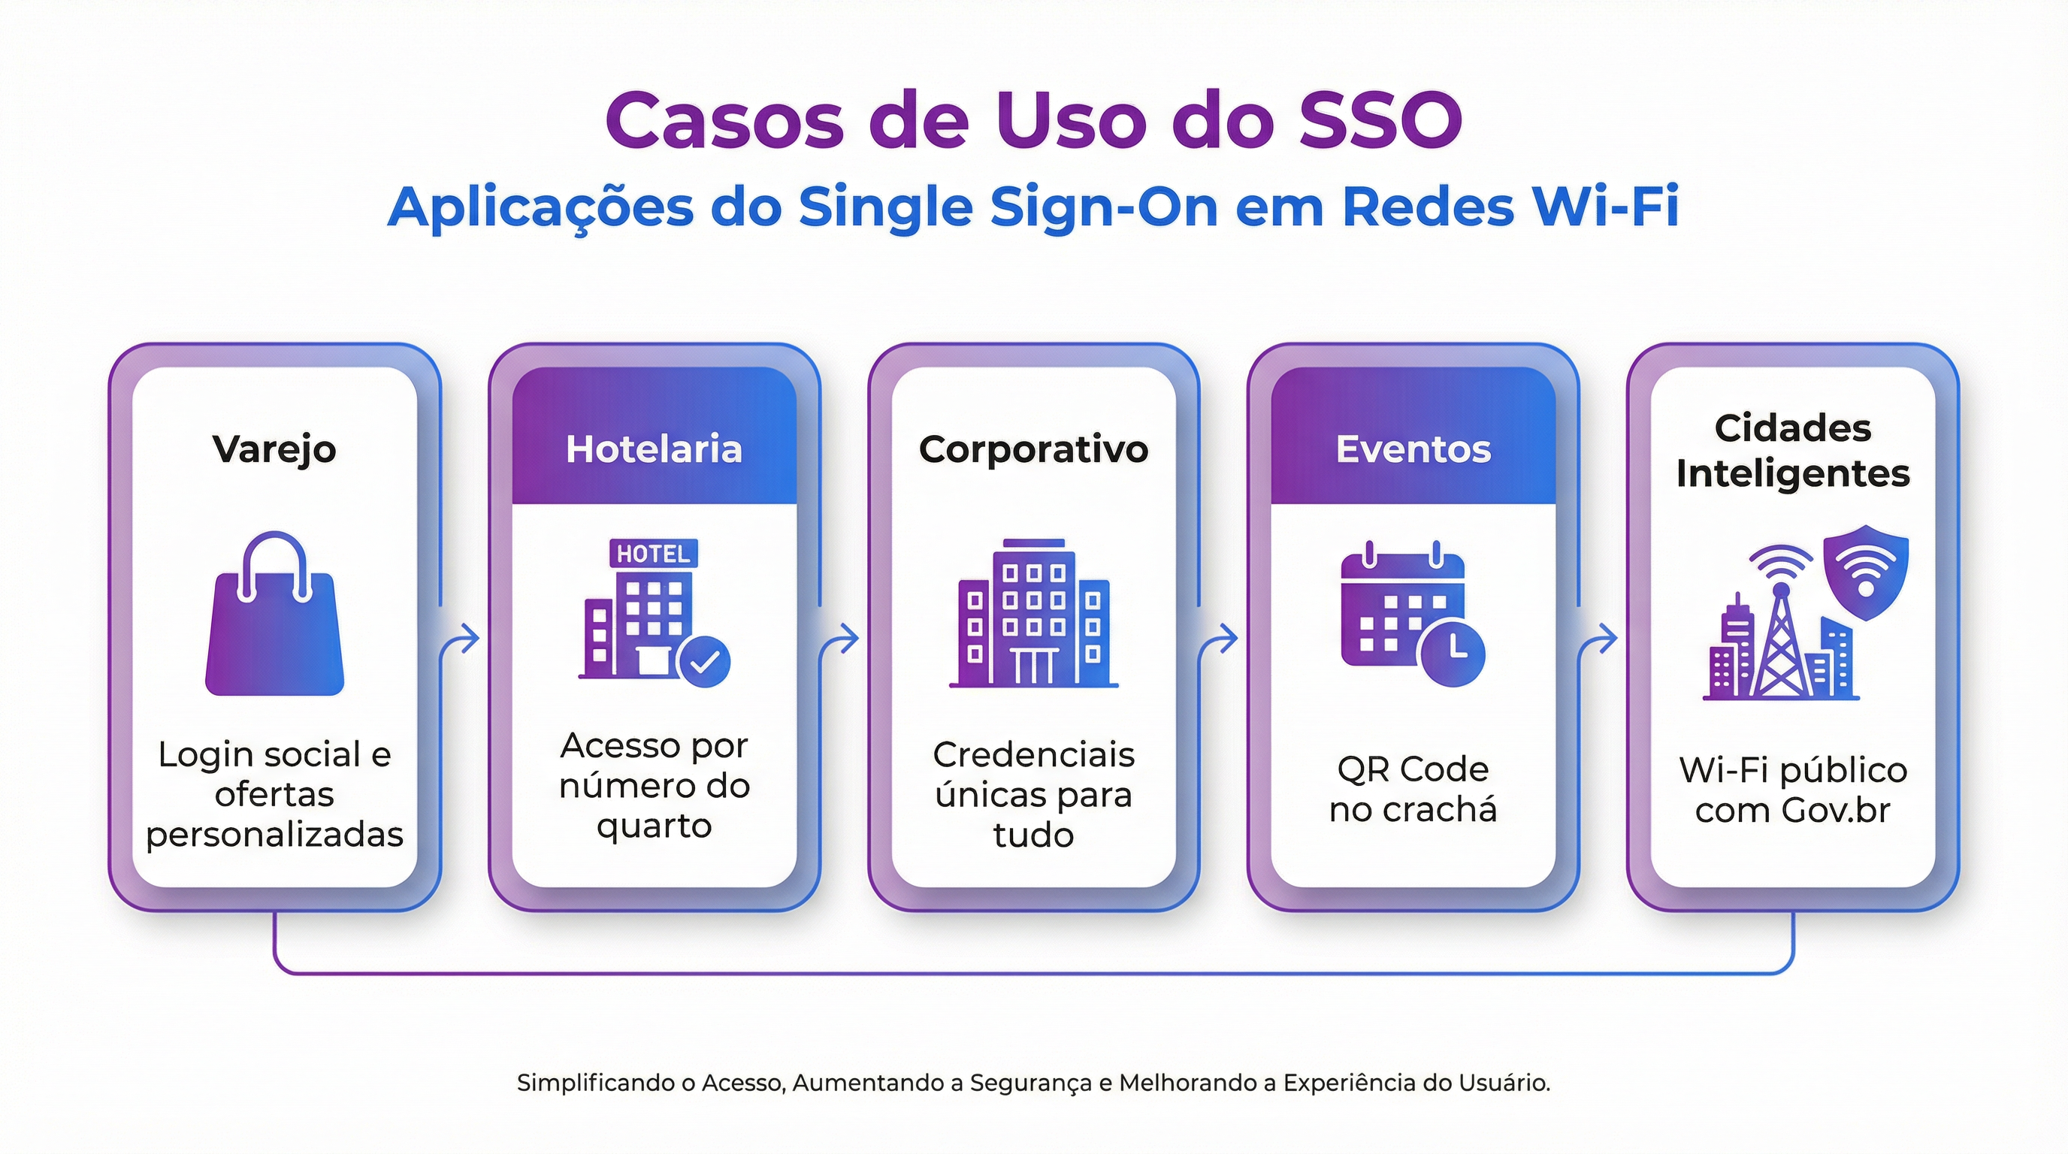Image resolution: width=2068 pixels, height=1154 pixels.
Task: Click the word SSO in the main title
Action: coord(1380,120)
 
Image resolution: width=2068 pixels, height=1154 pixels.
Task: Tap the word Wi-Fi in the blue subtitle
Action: coord(1605,207)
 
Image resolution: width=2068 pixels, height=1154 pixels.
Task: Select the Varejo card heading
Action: coord(274,449)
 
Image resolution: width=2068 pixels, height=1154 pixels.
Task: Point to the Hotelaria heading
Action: coord(654,449)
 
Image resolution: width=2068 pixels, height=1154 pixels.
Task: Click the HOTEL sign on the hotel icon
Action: coord(653,554)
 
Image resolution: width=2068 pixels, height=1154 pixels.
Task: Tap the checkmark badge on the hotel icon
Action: coord(704,662)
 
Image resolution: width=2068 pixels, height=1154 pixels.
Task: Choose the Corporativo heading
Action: coord(1033,449)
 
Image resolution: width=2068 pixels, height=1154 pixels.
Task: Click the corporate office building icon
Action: coord(1033,614)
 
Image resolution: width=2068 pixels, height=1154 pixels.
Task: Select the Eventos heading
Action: coord(1413,449)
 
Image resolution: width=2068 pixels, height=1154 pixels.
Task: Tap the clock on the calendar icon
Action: coord(1453,652)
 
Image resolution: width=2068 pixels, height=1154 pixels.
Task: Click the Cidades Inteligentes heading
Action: coord(1793,451)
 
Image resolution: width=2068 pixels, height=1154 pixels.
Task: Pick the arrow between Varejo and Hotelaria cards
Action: coord(465,639)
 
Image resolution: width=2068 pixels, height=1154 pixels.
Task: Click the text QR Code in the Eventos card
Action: coord(1413,769)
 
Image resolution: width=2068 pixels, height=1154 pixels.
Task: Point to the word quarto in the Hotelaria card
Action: coord(655,826)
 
